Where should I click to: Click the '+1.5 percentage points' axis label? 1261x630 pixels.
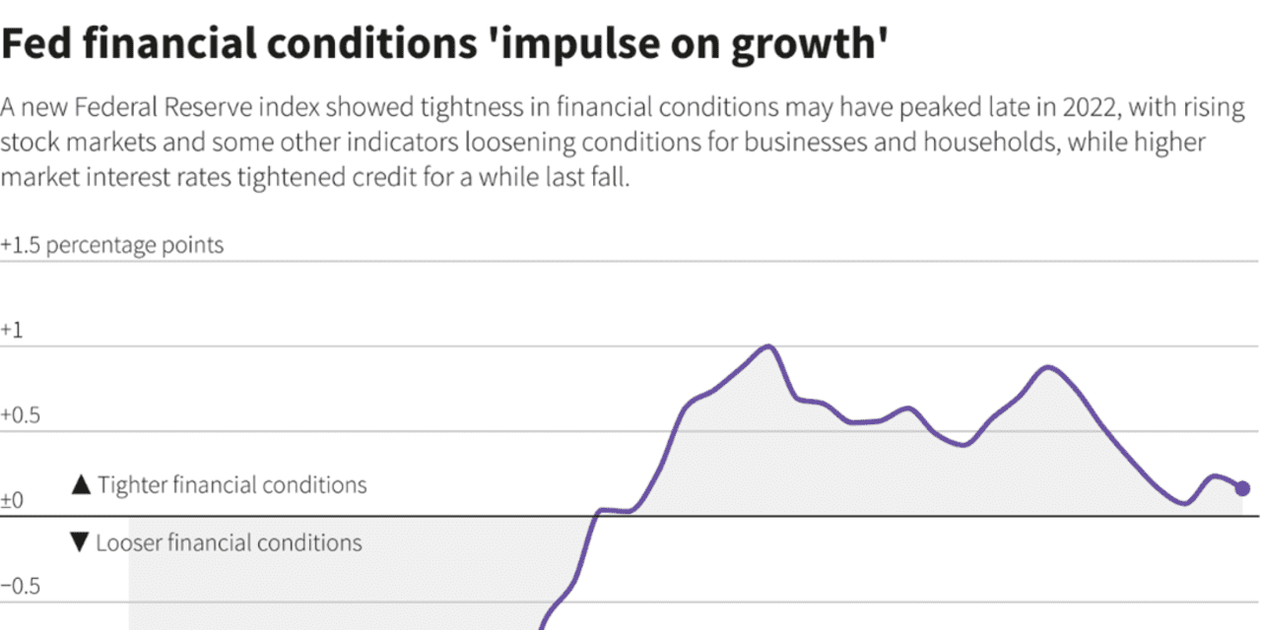coord(112,245)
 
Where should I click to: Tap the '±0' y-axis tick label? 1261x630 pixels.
coord(13,501)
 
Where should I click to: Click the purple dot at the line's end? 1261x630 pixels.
coord(1242,488)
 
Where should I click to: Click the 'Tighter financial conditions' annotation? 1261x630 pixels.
coord(232,485)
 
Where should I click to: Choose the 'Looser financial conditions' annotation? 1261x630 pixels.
coord(229,542)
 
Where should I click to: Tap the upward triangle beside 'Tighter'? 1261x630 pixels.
coord(82,485)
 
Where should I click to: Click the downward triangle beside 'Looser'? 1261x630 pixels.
coord(80,543)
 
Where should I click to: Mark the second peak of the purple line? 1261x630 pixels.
coord(1047,368)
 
